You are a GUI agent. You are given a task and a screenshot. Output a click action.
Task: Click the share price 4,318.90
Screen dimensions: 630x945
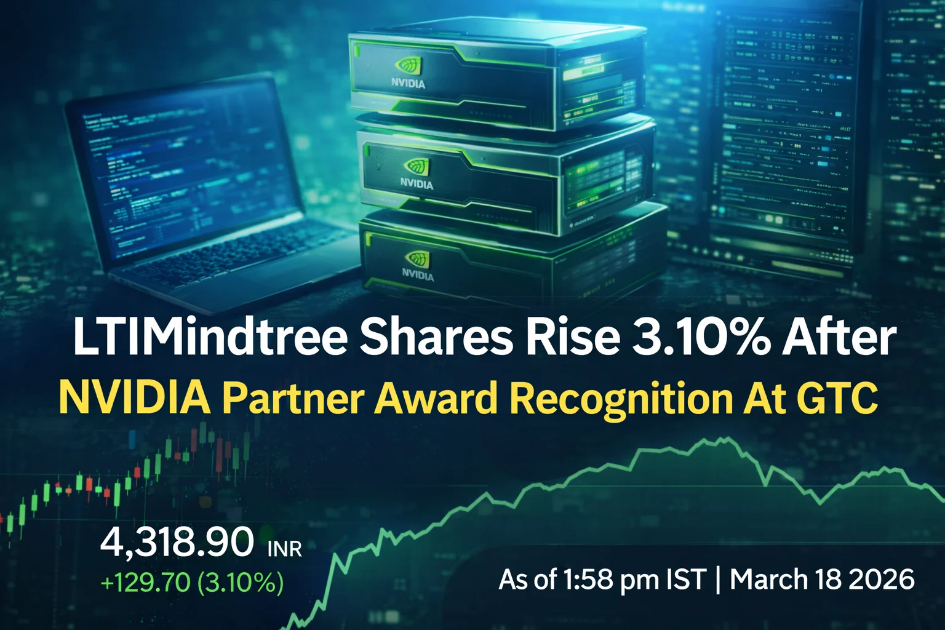click(177, 543)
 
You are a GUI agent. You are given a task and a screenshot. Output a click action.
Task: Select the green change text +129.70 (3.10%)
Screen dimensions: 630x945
click(191, 582)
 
